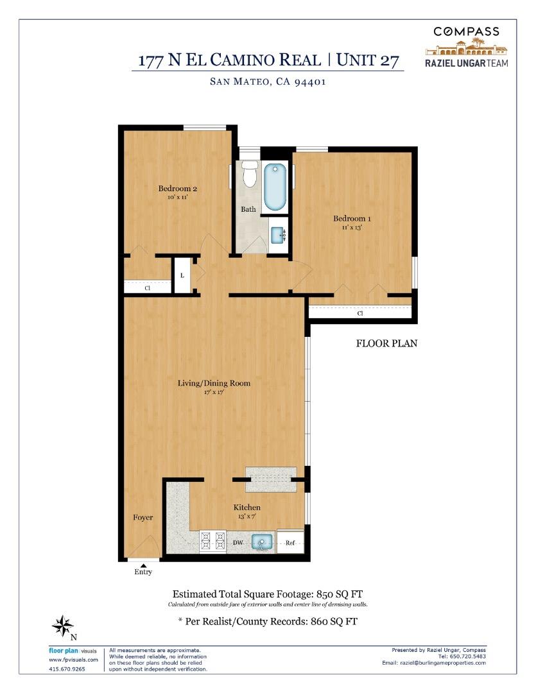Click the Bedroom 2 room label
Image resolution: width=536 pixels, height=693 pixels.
[177, 189]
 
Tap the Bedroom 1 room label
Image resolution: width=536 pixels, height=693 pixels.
[351, 219]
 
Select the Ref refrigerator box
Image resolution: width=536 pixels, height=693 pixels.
[290, 543]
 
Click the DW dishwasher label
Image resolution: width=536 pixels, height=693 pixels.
[237, 543]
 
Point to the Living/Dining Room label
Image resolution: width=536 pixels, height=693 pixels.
[214, 383]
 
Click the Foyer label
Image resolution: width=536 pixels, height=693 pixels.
[143, 517]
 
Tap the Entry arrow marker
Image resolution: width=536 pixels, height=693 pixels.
[143, 565]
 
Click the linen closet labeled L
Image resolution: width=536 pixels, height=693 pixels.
[182, 276]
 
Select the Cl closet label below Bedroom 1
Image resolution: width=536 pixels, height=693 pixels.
[359, 313]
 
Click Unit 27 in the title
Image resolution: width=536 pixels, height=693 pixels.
[369, 60]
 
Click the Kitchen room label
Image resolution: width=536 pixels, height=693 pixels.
[246, 508]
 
